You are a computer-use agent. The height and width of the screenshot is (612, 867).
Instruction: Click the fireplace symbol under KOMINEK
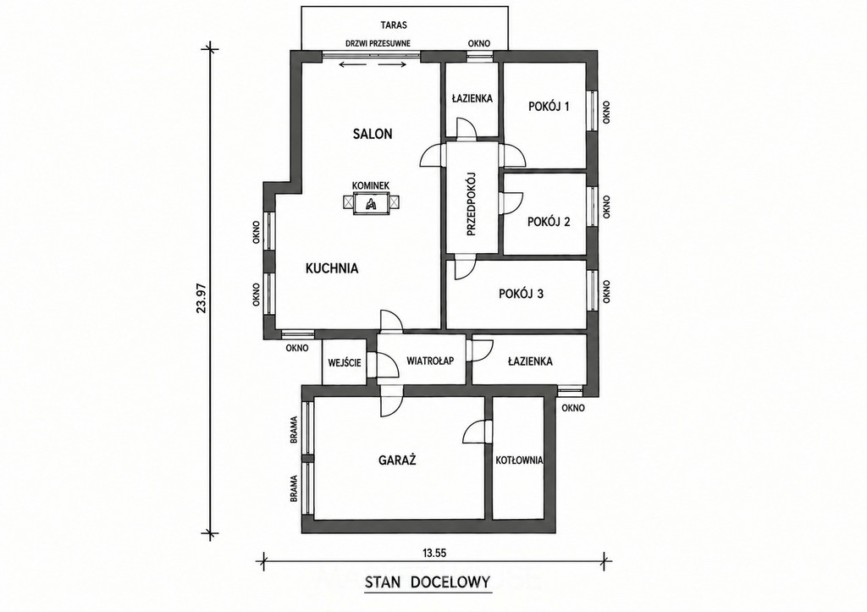coord(371,203)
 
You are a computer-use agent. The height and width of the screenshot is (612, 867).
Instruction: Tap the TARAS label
coord(394,25)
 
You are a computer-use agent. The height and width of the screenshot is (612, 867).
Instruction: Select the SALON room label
coord(373,134)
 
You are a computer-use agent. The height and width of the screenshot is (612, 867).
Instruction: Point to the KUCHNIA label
coord(332,268)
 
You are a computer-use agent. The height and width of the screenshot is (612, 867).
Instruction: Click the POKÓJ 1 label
coord(549,106)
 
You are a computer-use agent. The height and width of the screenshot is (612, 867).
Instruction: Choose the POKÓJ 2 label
coord(549,222)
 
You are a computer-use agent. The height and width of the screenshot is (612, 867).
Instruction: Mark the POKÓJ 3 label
coord(521,294)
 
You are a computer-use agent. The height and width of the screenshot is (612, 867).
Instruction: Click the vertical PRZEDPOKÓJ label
coord(471,204)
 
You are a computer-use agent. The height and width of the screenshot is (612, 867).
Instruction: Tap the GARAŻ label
coord(397,460)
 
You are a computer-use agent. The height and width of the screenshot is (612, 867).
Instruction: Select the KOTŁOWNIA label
coord(519,460)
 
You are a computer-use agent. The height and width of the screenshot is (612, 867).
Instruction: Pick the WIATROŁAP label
coord(430,361)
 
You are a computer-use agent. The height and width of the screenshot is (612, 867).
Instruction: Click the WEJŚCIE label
coord(345,362)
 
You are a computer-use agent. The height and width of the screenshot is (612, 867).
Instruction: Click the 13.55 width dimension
coord(434,552)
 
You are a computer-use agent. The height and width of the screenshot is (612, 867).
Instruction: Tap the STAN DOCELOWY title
coord(428,582)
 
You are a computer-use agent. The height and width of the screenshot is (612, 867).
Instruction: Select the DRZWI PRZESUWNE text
coord(378,44)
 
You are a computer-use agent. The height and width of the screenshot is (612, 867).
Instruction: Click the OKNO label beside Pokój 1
coord(606,112)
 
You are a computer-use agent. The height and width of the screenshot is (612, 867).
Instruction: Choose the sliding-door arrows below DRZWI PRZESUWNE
coord(373,65)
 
